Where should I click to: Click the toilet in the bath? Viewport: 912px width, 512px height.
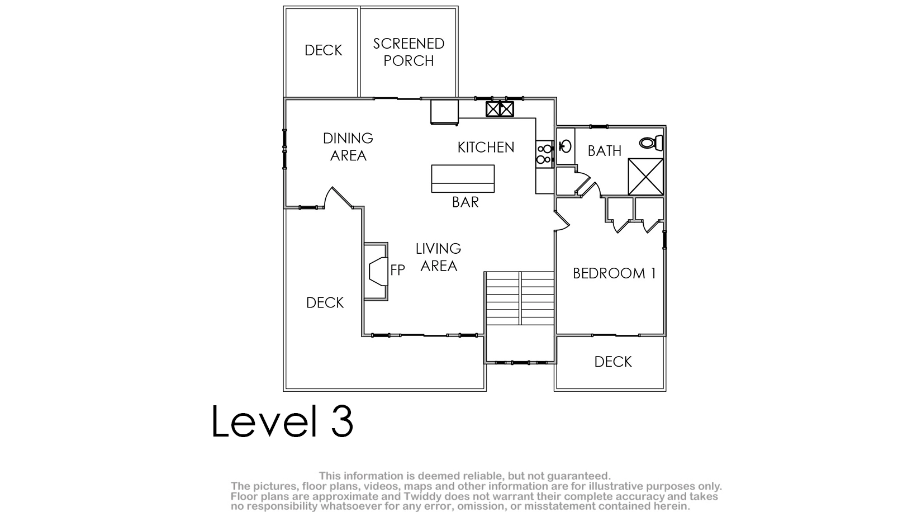[651, 143]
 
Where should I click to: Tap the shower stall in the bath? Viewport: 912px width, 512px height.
[646, 177]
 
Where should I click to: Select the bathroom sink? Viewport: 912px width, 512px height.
[565, 146]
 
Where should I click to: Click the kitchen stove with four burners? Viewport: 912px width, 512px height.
[544, 154]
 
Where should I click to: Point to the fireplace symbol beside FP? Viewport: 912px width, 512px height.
[378, 272]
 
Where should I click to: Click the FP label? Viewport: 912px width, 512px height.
[397, 269]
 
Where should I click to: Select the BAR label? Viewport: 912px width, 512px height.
[465, 202]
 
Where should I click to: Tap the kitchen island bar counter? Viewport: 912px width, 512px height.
[463, 178]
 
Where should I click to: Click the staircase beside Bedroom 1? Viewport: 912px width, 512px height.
[520, 298]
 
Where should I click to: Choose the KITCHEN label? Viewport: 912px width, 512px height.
[486, 148]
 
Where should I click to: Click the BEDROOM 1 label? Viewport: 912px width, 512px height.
[614, 273]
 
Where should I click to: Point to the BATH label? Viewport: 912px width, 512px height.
[605, 151]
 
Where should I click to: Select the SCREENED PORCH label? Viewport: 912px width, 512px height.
[408, 52]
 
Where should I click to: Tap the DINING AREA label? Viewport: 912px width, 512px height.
[348, 146]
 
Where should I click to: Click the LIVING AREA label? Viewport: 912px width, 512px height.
[439, 257]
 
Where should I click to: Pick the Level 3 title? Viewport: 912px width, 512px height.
[282, 421]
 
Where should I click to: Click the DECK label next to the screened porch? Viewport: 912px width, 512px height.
[323, 50]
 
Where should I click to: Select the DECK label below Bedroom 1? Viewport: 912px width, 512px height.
[612, 362]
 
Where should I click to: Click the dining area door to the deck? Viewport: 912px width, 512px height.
[339, 198]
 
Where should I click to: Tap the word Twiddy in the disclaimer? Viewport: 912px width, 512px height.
[423, 496]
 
